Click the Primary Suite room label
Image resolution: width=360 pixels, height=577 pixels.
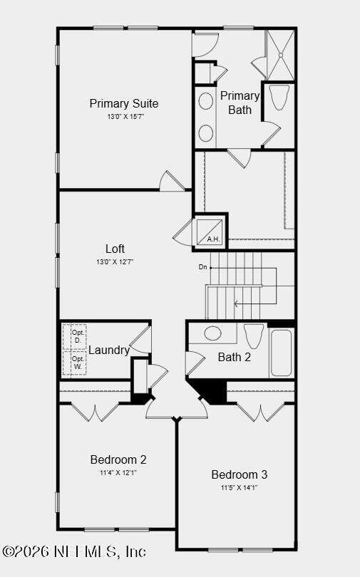click(123, 103)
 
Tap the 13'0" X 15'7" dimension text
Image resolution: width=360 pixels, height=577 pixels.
click(125, 117)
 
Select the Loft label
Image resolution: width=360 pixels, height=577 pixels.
click(115, 249)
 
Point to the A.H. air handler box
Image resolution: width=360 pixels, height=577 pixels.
click(209, 232)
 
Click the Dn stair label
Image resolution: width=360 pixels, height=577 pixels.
click(203, 267)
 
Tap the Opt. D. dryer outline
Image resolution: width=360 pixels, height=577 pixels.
click(74, 337)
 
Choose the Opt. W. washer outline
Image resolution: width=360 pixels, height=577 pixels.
click(74, 363)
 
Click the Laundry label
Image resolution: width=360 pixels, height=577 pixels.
click(109, 350)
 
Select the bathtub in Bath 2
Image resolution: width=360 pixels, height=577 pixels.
click(282, 353)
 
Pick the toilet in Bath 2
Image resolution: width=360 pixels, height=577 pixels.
click(254, 336)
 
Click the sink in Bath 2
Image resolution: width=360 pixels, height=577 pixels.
click(212, 333)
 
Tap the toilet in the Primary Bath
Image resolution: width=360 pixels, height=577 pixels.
click(279, 98)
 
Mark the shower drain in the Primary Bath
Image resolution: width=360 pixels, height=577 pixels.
click(280, 55)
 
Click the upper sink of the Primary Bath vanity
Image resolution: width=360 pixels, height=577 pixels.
click(206, 101)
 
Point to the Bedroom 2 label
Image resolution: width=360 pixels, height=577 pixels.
click(118, 459)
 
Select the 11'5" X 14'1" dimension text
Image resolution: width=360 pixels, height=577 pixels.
click(240, 488)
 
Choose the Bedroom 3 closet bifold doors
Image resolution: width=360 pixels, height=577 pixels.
click(261, 412)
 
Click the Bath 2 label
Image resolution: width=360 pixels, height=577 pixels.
click(234, 358)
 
